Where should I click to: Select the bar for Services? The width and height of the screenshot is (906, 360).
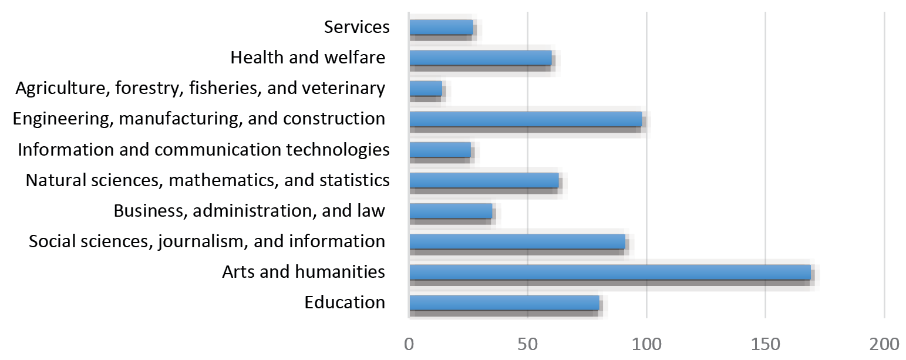tap(441, 28)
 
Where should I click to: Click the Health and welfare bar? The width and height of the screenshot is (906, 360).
tap(480, 58)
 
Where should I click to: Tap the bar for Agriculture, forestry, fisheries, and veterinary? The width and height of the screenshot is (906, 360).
tap(425, 88)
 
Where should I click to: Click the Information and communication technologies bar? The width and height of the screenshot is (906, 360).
tap(440, 150)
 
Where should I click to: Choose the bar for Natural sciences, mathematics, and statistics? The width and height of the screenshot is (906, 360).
tap(484, 180)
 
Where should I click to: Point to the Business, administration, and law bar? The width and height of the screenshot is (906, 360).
tap(450, 211)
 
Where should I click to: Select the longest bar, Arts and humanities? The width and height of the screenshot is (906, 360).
tap(609, 272)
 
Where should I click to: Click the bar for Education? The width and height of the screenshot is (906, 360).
tap(504, 302)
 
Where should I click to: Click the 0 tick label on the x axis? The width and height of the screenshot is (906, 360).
tap(409, 343)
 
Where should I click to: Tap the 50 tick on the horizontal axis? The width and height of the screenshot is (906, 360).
tap(527, 343)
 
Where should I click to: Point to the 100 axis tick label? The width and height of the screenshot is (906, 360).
tap(646, 343)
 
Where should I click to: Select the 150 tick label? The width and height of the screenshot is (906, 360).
tap(765, 343)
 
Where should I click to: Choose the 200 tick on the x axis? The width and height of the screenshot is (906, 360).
tap(884, 343)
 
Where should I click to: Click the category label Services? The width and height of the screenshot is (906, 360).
tap(356, 27)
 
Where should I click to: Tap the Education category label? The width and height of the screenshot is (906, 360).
tap(345, 302)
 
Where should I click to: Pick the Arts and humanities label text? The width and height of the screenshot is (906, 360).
tap(303, 272)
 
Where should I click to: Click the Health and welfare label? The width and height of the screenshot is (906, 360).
tap(308, 58)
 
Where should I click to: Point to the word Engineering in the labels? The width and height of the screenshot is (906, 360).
tap(63, 119)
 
